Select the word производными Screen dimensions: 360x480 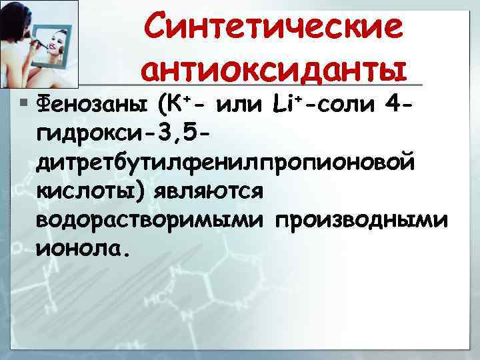(x=360, y=221)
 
